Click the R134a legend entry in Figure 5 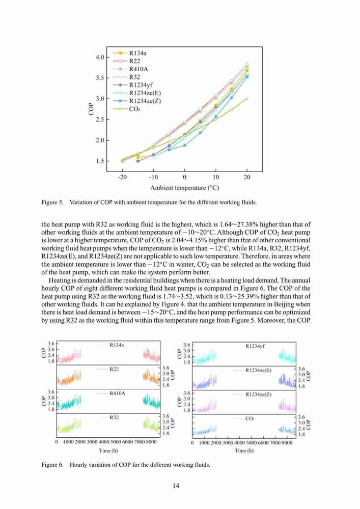click(x=129, y=53)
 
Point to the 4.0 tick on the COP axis click(x=100, y=57)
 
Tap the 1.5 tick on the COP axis click(x=100, y=161)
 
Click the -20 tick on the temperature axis click(x=122, y=177)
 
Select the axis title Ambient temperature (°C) click(x=184, y=188)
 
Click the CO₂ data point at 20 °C click(x=247, y=98)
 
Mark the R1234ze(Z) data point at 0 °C click(x=185, y=145)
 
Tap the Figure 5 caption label click(x=52, y=202)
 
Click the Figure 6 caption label click(x=52, y=465)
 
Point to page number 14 click(x=176, y=486)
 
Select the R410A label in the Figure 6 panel click(x=117, y=393)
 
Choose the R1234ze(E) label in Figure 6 click(x=258, y=371)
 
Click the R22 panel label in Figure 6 click(x=114, y=369)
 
